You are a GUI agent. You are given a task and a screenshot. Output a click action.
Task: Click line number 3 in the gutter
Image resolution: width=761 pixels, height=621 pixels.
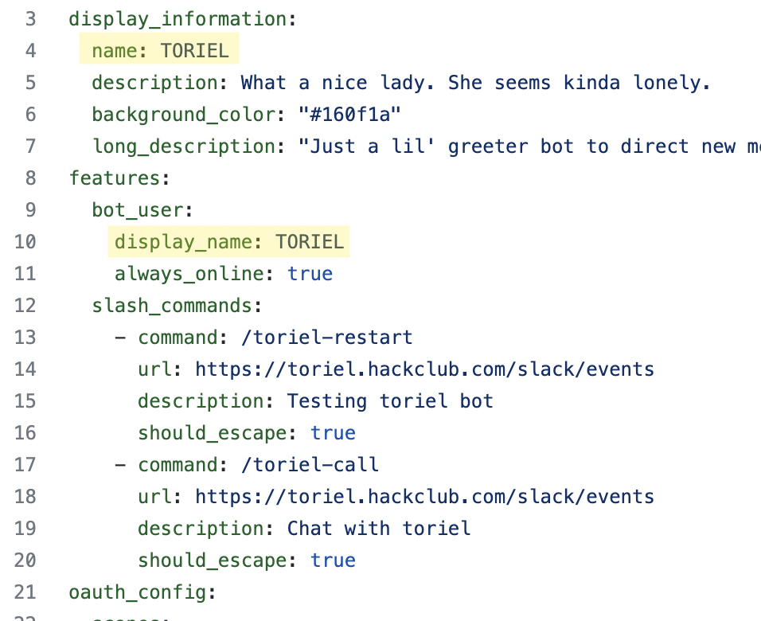pos(30,19)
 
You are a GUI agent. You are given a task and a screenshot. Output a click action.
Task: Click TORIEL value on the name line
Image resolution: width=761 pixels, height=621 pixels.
pos(194,51)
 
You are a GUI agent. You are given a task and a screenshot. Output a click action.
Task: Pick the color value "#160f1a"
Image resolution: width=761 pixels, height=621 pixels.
pos(349,115)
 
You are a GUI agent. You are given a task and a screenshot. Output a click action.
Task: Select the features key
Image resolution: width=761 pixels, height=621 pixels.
pos(115,178)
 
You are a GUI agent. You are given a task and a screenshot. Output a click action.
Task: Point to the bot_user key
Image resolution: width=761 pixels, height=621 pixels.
pos(138,210)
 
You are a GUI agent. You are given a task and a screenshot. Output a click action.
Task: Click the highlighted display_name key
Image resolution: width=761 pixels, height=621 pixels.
pos(183,242)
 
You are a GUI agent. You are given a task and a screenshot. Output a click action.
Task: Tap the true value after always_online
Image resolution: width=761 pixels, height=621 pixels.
pos(310,274)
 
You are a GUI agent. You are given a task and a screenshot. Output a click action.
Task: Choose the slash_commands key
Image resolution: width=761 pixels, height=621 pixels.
pos(172,306)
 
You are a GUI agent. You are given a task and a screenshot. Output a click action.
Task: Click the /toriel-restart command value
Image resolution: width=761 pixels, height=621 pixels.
pos(326,338)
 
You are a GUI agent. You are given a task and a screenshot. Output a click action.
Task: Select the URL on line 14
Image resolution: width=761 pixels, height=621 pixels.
pos(424,369)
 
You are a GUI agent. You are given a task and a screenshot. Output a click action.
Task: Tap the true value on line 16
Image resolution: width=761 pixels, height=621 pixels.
pos(333,433)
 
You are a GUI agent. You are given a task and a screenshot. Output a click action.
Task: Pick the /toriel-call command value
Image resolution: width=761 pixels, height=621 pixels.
pos(310,465)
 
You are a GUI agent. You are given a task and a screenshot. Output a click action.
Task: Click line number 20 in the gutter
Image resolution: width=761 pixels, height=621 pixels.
pos(25,560)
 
